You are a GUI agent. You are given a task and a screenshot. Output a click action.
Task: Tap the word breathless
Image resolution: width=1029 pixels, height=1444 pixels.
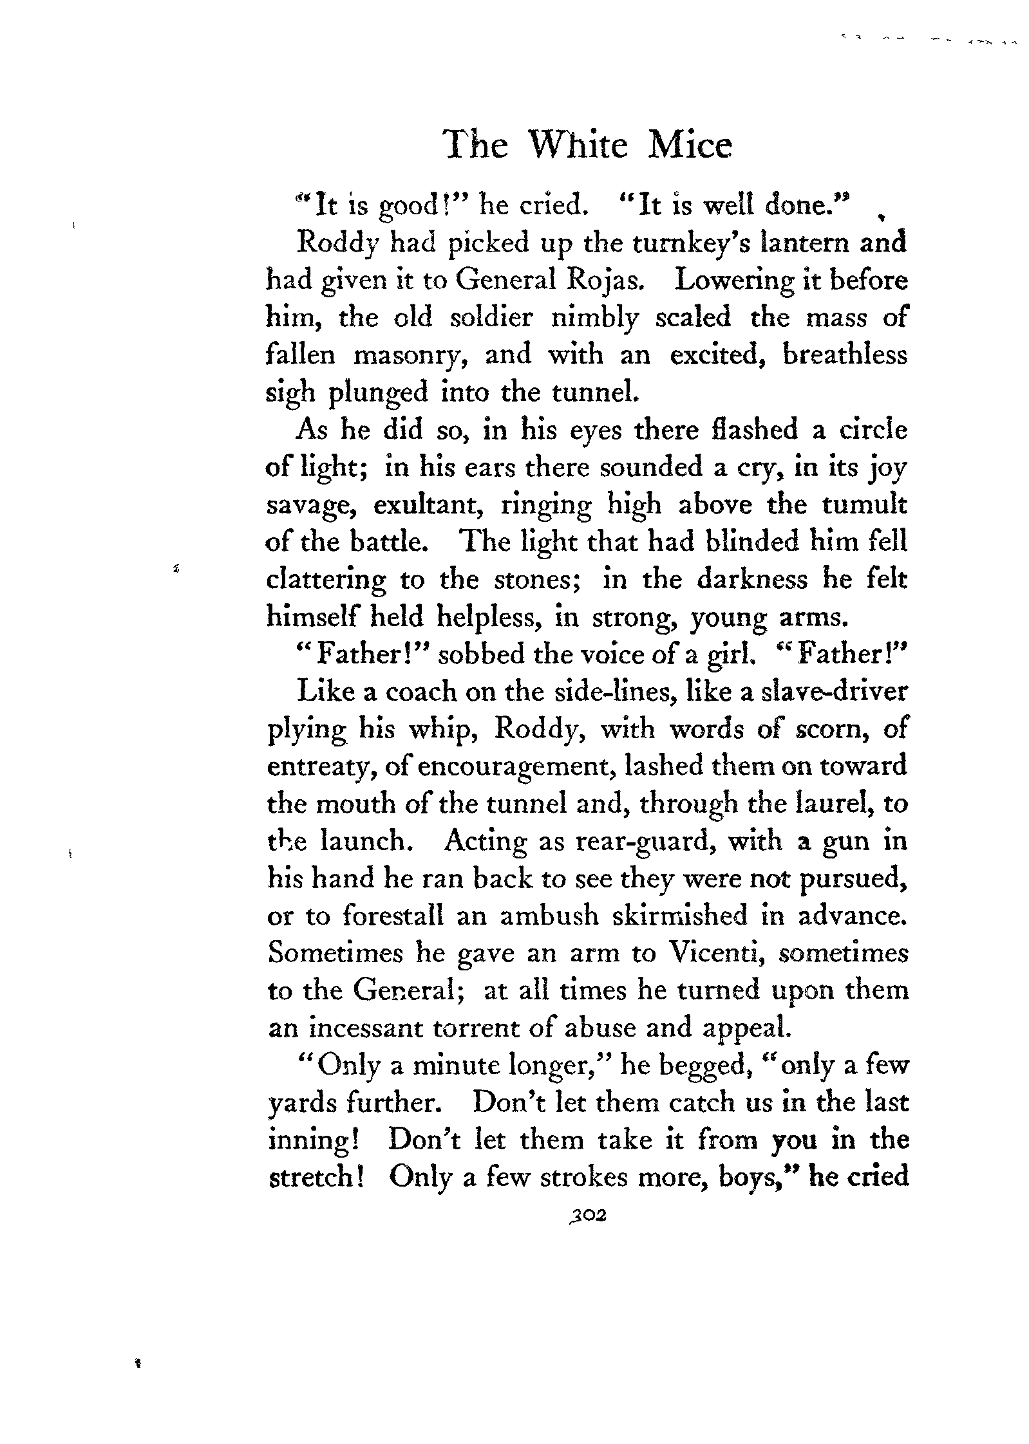[x=844, y=355]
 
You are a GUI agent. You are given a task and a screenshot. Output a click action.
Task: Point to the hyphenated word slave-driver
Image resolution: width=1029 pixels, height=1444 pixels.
[x=834, y=692]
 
